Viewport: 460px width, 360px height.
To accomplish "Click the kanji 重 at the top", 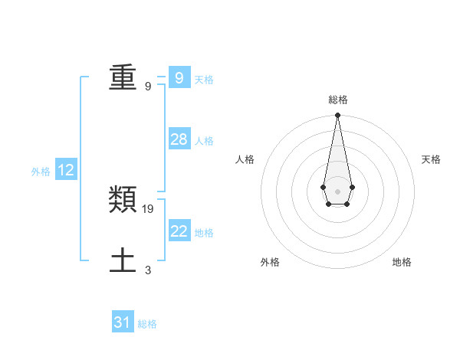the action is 123,78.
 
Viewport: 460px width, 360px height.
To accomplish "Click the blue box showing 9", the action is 179,78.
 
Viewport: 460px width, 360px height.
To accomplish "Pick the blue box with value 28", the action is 179,139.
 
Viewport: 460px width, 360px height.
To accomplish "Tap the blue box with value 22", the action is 179,231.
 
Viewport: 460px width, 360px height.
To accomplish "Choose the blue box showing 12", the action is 65,171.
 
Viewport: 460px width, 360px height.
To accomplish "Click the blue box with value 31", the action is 123,322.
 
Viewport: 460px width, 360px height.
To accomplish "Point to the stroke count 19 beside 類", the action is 148,208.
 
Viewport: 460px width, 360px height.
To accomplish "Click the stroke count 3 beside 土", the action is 148,270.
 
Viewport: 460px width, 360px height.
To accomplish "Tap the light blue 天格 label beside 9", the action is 204,80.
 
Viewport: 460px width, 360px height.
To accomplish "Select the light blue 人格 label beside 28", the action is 204,141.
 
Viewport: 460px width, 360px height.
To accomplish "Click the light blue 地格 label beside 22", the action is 204,233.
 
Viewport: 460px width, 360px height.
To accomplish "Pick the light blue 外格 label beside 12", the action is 41,172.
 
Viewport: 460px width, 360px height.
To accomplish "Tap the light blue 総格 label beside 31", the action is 147,324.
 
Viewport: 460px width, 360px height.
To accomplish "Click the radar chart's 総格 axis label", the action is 337,100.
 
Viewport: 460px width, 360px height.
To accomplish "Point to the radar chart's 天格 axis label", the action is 431,159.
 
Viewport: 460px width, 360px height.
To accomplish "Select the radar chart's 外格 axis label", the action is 270,262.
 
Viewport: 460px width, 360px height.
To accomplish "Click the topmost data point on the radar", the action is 337,116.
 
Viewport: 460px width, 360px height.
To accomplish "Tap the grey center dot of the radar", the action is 337,191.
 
